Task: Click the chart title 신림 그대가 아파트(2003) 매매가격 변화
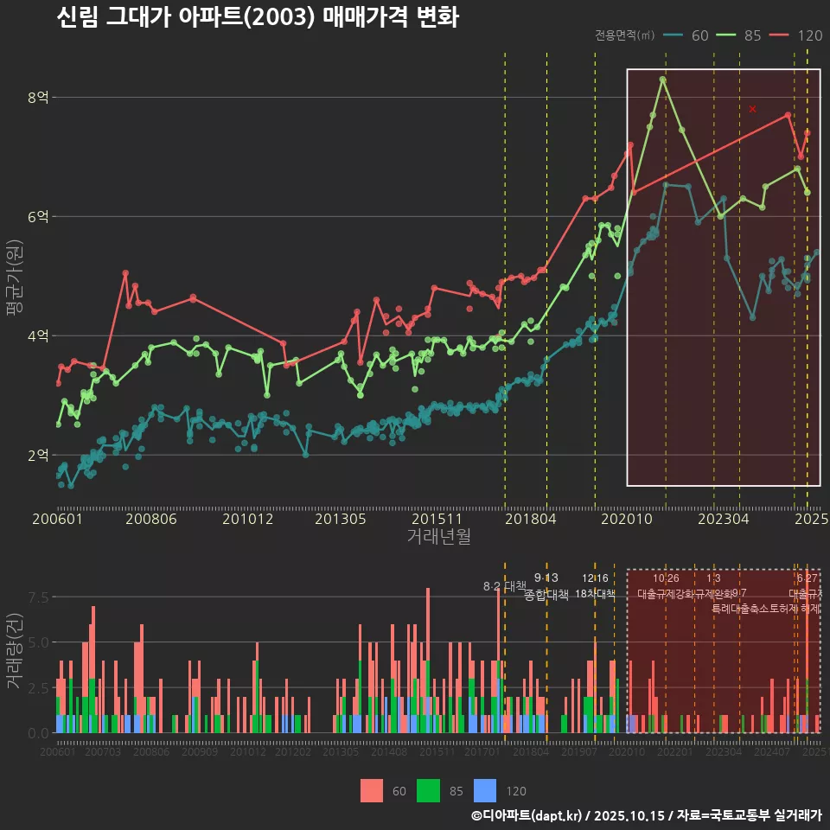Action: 257,18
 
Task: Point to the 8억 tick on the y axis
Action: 37,98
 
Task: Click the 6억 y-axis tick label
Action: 37,217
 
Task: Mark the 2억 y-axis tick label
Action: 37,455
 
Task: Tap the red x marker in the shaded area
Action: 752,109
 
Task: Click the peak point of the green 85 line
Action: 662,80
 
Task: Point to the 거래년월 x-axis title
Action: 438,536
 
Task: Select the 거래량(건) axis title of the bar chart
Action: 14,651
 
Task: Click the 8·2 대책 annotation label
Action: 504,586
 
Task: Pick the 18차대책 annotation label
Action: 595,594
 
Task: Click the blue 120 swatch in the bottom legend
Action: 486,790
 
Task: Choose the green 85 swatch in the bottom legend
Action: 429,790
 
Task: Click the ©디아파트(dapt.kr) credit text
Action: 527,815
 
